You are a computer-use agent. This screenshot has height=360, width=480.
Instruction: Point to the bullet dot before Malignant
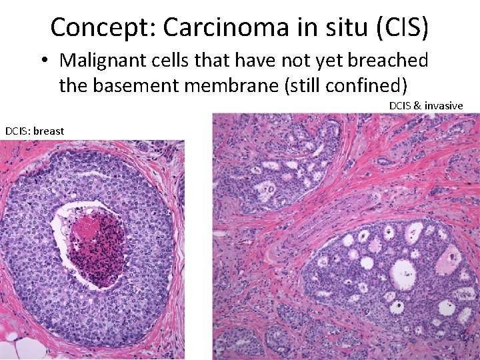[43, 61]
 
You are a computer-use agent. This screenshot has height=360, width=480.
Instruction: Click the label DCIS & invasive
[426, 105]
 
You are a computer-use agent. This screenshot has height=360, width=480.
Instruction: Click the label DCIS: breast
[35, 131]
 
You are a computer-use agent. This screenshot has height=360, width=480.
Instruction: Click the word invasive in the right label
[443, 105]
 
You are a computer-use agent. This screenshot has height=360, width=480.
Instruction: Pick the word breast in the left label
[49, 131]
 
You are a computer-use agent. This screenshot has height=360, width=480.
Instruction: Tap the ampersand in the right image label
[417, 105]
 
